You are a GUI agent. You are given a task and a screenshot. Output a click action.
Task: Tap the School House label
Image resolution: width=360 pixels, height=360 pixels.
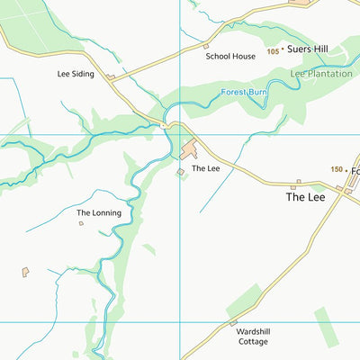(x=230, y=56)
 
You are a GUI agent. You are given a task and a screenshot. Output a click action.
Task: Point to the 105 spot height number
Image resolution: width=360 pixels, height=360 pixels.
(x=273, y=52)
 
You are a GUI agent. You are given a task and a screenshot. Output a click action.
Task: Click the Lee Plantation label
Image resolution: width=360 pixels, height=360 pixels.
(x=321, y=74)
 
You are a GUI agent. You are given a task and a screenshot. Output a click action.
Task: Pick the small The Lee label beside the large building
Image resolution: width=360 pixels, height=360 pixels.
(x=205, y=168)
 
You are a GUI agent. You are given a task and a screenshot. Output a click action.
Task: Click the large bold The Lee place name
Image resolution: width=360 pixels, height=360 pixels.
(x=305, y=196)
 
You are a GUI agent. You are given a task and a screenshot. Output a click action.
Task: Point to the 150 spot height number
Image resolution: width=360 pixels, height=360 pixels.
(x=337, y=169)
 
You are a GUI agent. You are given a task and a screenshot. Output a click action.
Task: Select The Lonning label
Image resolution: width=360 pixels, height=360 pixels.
(x=98, y=213)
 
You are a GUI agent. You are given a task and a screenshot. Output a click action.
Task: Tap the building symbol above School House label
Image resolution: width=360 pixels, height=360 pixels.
(x=206, y=45)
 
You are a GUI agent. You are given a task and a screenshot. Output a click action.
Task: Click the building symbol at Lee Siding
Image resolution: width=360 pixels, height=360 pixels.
(x=111, y=77)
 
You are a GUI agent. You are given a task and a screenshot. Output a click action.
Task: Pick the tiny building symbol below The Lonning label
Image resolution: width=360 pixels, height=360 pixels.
(x=81, y=223)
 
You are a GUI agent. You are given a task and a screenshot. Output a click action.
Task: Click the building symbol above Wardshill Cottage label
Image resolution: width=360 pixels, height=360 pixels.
(x=233, y=322)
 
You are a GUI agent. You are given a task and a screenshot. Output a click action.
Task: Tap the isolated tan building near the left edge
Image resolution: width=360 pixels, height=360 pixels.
(x=25, y=271)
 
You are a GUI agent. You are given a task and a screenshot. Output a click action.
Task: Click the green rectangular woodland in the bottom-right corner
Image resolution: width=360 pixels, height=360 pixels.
(x=327, y=327)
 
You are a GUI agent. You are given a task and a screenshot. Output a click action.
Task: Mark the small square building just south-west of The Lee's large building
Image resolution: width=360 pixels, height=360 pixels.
(x=180, y=171)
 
